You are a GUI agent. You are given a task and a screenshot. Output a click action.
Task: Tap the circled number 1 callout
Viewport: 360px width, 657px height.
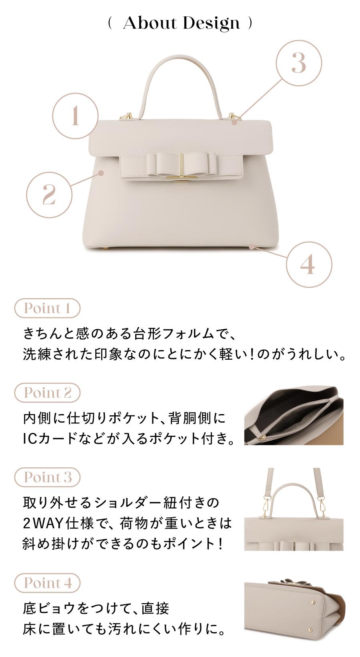click(x=75, y=116)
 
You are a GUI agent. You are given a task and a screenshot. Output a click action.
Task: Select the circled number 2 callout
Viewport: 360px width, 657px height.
click(x=49, y=195)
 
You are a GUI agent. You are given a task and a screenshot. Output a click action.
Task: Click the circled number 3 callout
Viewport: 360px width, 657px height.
click(x=299, y=63)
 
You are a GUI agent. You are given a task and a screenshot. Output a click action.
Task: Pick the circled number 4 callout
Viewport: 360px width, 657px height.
click(x=309, y=264)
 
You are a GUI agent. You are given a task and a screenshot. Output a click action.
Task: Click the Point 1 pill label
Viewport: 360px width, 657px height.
click(x=47, y=308)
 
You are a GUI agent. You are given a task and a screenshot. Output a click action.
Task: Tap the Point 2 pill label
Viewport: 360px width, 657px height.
click(x=47, y=393)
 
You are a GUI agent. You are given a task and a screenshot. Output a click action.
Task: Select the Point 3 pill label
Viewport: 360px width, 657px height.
click(x=47, y=477)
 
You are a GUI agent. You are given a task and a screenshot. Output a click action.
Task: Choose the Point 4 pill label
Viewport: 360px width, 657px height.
click(x=47, y=583)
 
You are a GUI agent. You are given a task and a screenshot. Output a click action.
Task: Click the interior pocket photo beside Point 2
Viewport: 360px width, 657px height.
click(x=294, y=415)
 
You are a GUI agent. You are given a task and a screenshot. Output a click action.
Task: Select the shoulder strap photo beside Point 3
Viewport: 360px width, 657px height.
click(x=294, y=509)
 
